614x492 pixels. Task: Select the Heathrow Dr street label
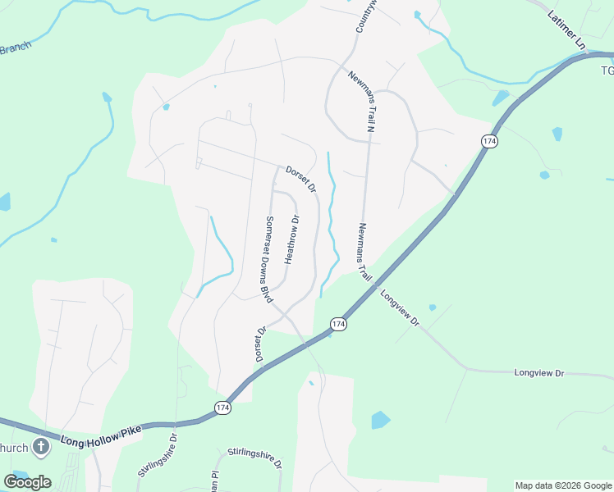(x=291, y=239)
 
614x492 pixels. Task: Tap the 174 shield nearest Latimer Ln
(x=490, y=142)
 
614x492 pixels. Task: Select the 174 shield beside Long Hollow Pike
(x=222, y=408)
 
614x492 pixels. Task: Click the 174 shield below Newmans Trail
(x=337, y=326)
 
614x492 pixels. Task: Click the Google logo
(x=28, y=481)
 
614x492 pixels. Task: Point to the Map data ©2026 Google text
(x=562, y=485)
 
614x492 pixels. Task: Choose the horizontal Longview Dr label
(x=539, y=373)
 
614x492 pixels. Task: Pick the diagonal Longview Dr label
(x=400, y=308)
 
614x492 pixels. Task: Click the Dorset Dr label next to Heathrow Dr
(x=301, y=179)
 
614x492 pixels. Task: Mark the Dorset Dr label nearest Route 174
(x=260, y=345)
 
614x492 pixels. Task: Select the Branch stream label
(x=15, y=48)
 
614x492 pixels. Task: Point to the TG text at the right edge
(x=607, y=71)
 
